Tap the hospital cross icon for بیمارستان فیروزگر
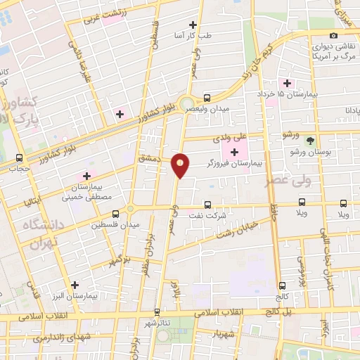[234, 152]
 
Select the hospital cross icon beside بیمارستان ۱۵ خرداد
[288, 83]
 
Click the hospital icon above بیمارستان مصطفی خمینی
[86, 176]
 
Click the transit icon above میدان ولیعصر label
[207, 98]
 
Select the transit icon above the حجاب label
[19, 157]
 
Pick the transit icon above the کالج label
[283, 285]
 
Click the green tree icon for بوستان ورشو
[310, 141]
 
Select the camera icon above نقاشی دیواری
[333, 35]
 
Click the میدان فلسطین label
[117, 225]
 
